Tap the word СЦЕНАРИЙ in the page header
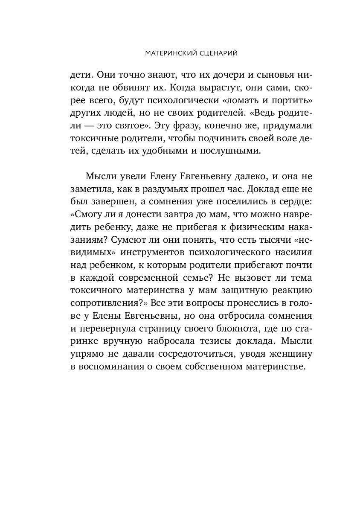pos(213,54)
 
